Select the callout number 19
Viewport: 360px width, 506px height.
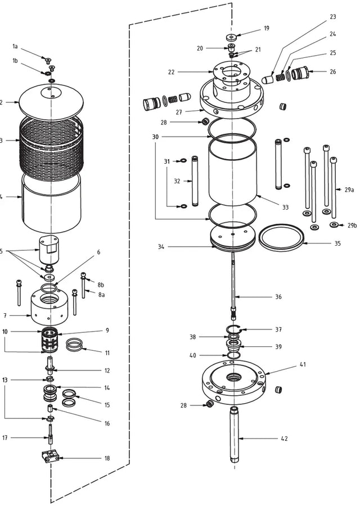click(x=267, y=28)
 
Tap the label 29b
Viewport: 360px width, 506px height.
click(x=352, y=225)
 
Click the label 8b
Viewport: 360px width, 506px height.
click(x=101, y=284)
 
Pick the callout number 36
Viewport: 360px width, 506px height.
click(x=278, y=297)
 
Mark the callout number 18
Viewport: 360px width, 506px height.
click(x=107, y=458)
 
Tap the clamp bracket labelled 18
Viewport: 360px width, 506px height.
click(x=50, y=457)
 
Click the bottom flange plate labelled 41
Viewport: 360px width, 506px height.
click(x=232, y=385)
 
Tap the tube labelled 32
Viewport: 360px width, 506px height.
click(x=195, y=181)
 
